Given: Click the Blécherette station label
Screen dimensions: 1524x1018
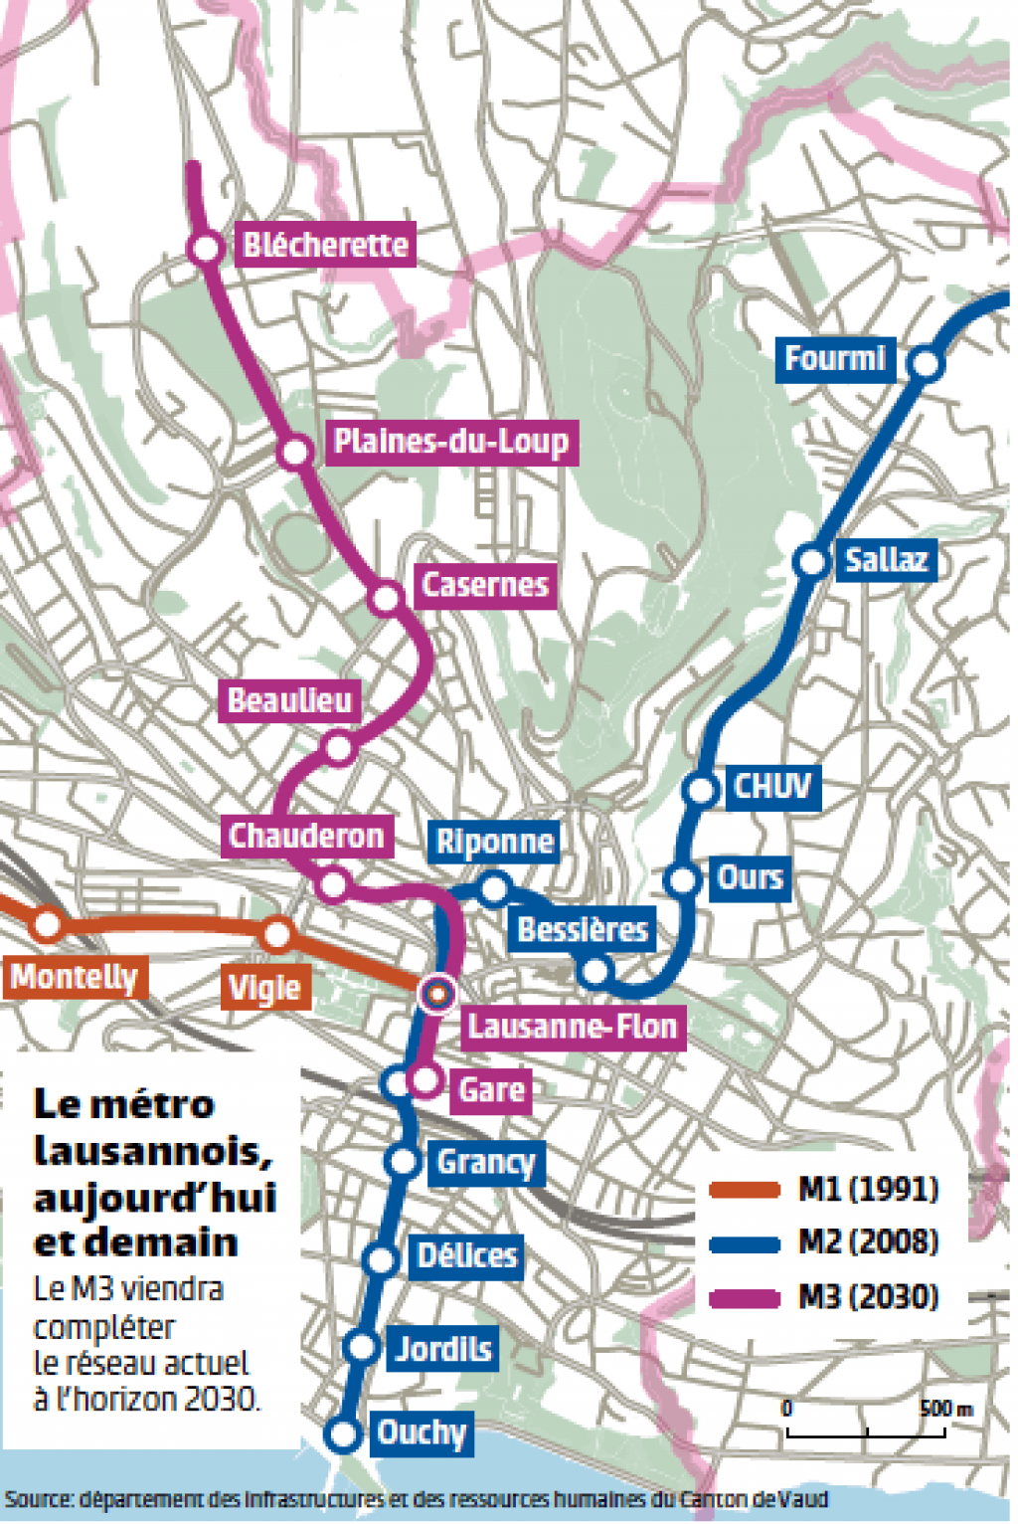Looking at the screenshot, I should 325,245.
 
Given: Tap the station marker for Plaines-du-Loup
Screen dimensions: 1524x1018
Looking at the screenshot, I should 294,453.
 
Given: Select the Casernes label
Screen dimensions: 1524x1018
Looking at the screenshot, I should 484,584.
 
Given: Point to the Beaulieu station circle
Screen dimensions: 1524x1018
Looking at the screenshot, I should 339,747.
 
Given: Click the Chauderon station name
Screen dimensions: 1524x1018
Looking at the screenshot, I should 306,836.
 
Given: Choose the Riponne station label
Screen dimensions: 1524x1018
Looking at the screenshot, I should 494,842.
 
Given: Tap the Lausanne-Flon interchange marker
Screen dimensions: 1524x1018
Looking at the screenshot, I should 438,992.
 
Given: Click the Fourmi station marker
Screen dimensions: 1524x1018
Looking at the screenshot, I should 926,364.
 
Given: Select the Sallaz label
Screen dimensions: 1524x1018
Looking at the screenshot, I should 886,560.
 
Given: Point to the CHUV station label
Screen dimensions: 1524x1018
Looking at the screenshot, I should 772,787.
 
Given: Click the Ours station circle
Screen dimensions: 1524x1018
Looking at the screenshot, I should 683,879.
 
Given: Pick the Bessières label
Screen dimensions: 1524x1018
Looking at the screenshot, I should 583,929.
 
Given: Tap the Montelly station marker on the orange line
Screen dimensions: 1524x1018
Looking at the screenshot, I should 47,925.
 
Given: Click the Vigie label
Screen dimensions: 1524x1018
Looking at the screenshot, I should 264,988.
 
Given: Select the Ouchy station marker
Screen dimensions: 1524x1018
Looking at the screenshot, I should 343,1434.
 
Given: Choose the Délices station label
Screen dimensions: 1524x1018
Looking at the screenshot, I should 467,1255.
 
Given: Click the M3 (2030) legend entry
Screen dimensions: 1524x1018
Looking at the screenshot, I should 868,1297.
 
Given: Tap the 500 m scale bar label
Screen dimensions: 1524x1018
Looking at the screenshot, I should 945,1409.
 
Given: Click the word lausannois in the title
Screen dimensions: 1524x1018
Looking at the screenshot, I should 153,1151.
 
